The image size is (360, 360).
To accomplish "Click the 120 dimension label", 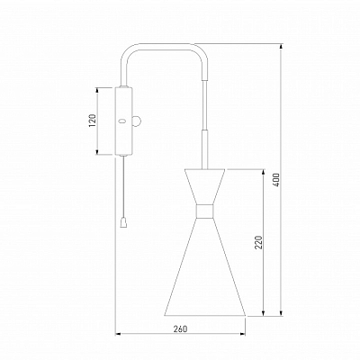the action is [93, 120].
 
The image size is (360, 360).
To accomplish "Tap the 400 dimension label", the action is [276, 180].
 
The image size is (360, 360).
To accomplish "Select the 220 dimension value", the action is [258, 242].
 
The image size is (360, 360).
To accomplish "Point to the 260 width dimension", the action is [180, 329].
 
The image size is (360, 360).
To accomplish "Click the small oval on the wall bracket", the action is [122, 121].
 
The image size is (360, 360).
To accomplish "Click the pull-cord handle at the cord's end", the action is [122, 223].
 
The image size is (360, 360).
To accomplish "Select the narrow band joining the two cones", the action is [205, 211].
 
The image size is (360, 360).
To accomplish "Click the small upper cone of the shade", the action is [205, 187].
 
